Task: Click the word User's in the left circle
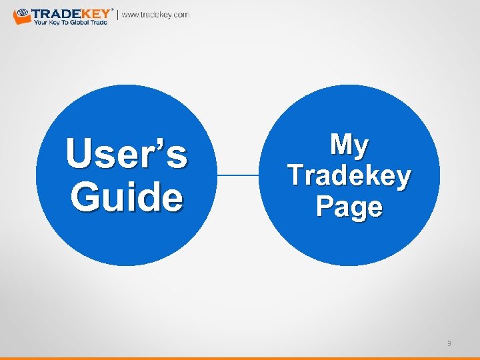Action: (126, 155)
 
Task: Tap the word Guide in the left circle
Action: (126, 197)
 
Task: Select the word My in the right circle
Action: (349, 145)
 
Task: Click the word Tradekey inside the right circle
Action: (349, 175)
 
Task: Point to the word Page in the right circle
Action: (349, 206)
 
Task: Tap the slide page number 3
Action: (449, 343)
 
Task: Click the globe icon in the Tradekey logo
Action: (21, 13)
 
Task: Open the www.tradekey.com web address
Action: (155, 15)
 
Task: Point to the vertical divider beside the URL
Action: (118, 15)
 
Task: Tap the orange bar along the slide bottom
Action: (240, 357)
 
